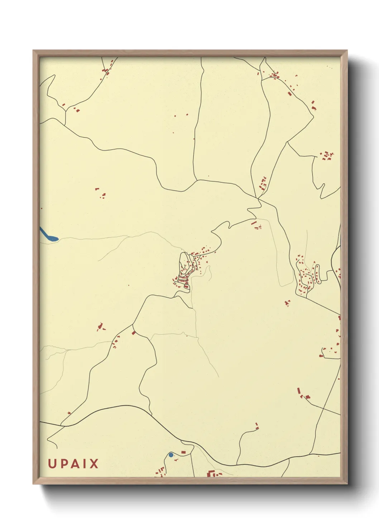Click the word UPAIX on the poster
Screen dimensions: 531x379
pyautogui.click(x=73, y=464)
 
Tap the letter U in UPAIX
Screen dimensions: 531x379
pyautogui.click(x=52, y=464)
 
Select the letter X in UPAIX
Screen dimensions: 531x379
pyautogui.click(x=94, y=464)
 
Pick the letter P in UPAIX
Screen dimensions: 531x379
pyautogui.click(x=62, y=464)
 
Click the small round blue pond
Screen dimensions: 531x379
pyautogui.click(x=171, y=455)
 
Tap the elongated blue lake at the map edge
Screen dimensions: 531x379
pyautogui.click(x=48, y=235)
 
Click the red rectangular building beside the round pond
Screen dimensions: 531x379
pyautogui.click(x=184, y=452)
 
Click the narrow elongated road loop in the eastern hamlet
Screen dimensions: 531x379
pyautogui.click(x=317, y=274)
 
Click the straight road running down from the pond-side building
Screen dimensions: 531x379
pyautogui.click(x=193, y=465)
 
